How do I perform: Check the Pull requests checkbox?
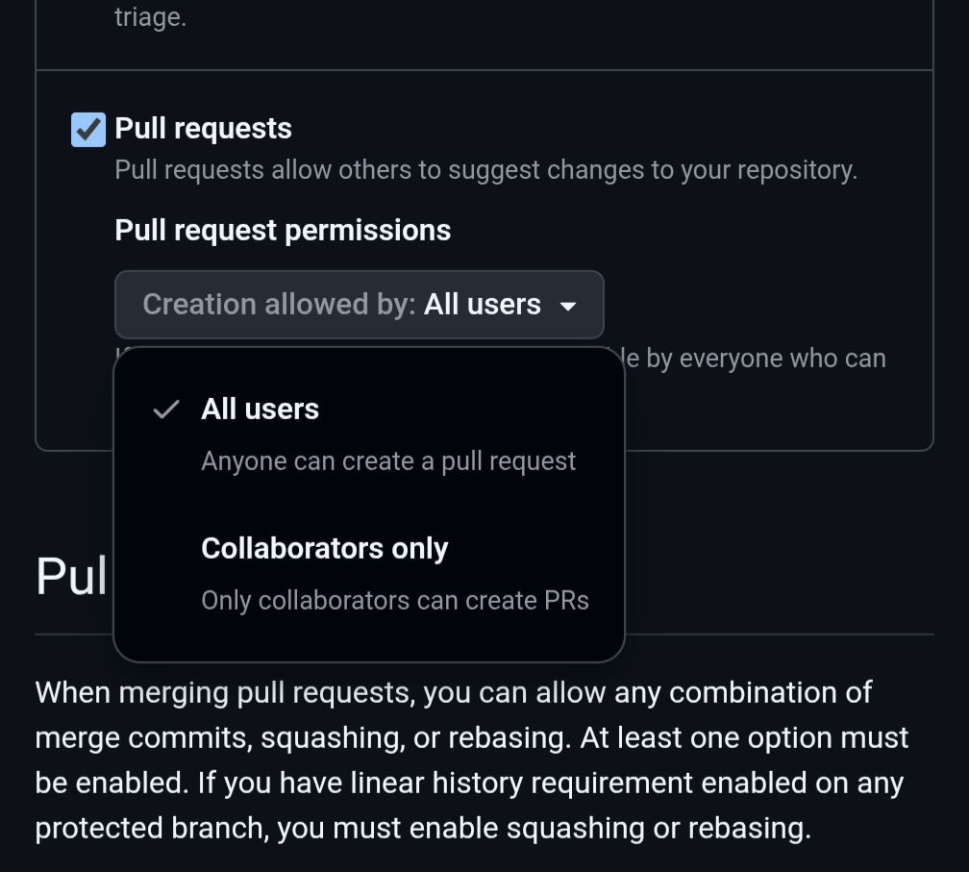[x=88, y=130]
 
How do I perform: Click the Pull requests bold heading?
[x=203, y=129]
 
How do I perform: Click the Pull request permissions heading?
[x=283, y=231]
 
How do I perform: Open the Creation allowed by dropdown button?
[x=359, y=305]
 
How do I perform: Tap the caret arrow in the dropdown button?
[x=568, y=307]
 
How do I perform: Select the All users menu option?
[x=260, y=410]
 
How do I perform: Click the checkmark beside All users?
[x=166, y=410]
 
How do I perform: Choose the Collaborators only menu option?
[x=324, y=549]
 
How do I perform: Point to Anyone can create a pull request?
[x=388, y=461]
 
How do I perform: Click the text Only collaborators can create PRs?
[x=394, y=601]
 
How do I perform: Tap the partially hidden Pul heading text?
[x=71, y=577]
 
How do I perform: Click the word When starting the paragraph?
[x=73, y=693]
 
